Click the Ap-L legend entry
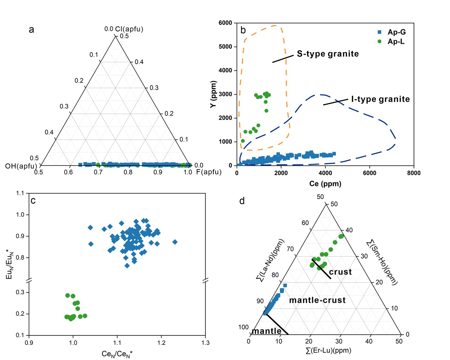pos(396,42)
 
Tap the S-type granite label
pos(328,54)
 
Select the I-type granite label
pos(380,99)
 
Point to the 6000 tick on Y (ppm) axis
pos(225,23)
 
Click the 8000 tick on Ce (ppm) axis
pos(414,173)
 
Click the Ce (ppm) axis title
pos(325,184)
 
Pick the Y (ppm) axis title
pos(213,94)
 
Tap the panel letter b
pos(243,30)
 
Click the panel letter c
pos(33,201)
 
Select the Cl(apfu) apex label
pos(129,29)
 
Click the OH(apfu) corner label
pos(21,166)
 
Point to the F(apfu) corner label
pos(209,172)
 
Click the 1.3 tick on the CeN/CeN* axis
pos(206,343)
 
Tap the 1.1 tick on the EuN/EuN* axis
pos(20,193)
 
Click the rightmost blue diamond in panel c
pos(175,242)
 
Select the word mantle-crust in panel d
pos(317,300)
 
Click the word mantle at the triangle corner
pos(266,331)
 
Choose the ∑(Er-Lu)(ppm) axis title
pos(328,351)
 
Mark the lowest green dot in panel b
pos(243,141)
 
